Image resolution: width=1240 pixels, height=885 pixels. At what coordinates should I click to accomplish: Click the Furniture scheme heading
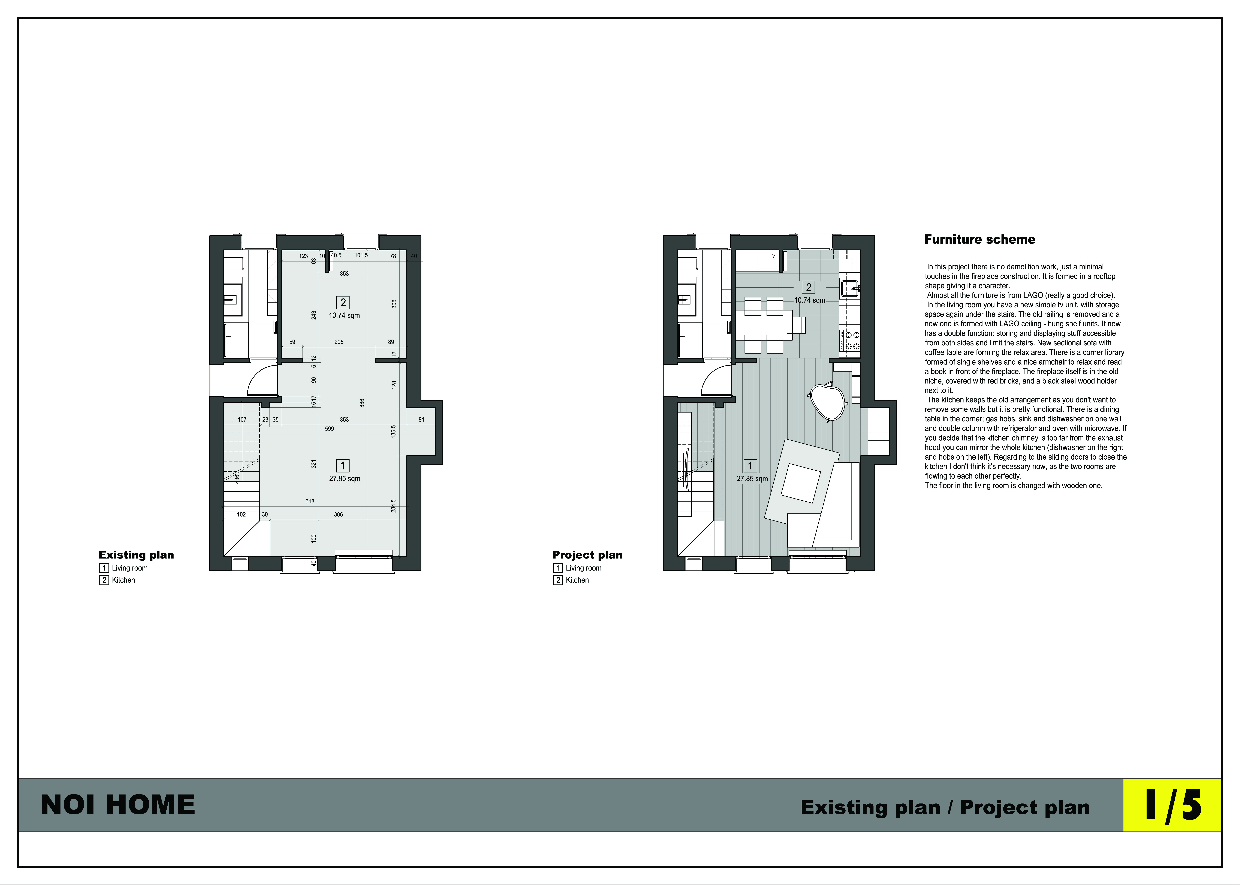pyautogui.click(x=979, y=239)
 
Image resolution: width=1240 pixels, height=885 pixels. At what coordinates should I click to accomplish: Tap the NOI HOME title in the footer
pyautogui.click(x=118, y=805)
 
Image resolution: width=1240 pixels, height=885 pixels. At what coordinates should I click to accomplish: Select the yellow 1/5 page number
pyautogui.click(x=1172, y=805)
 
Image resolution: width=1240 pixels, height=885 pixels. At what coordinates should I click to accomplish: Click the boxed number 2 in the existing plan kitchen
pyautogui.click(x=343, y=302)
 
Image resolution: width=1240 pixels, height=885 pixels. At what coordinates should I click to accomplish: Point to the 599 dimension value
pyautogui.click(x=329, y=429)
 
